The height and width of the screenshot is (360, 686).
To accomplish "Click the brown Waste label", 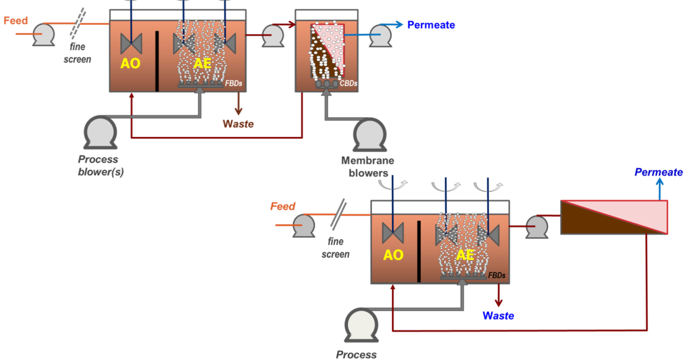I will (x=238, y=124).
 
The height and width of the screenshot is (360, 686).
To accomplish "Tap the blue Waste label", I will (x=498, y=315).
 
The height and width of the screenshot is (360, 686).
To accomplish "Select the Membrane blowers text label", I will (x=367, y=167).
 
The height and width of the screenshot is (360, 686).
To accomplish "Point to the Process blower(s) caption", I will (x=100, y=165).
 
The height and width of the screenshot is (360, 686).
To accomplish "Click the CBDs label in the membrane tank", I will (x=348, y=83).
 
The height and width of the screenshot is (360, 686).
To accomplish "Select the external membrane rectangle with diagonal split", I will (x=613, y=217).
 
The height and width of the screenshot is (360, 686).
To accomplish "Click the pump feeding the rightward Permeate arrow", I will (x=380, y=35).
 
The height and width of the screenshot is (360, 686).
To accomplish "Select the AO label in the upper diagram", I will (x=130, y=63).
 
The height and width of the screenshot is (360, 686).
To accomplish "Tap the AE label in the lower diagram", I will (x=465, y=255).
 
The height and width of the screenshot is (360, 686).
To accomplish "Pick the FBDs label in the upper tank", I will (x=233, y=83).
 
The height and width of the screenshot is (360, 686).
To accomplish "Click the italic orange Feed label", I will (x=283, y=206).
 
